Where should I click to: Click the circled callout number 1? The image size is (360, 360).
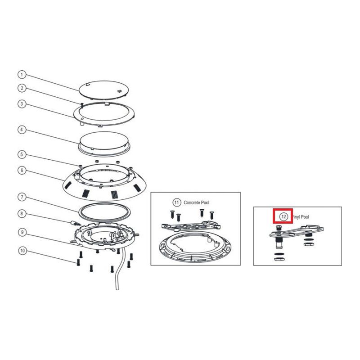(x=22, y=75)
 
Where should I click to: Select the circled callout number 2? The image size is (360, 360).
(x=22, y=88)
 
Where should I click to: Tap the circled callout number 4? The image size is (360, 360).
(x=22, y=130)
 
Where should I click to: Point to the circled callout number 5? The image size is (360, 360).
(x=22, y=154)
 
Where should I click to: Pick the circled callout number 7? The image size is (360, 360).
(x=22, y=197)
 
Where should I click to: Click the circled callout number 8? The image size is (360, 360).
(x=22, y=214)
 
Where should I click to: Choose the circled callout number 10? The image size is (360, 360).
(x=22, y=251)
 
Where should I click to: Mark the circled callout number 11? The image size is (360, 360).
(x=176, y=202)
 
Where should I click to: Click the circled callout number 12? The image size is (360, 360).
(x=283, y=216)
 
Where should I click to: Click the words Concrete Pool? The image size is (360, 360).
(x=197, y=202)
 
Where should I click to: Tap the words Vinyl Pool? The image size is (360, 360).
(x=301, y=217)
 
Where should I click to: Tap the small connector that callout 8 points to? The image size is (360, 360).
(x=75, y=223)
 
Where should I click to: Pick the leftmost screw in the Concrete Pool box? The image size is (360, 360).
(x=172, y=215)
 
